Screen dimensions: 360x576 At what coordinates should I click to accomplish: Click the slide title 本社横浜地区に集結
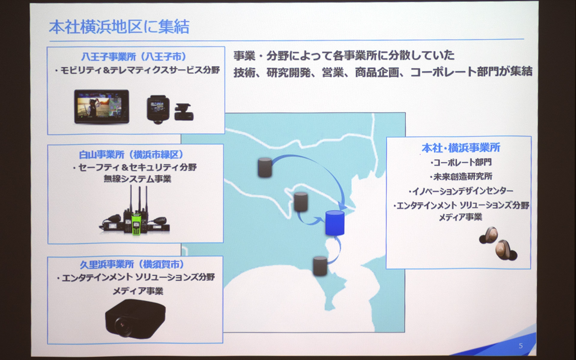pos(119,27)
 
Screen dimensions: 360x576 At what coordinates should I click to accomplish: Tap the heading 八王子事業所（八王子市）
pos(134,56)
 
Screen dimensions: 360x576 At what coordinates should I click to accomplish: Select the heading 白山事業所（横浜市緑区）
pos(131,155)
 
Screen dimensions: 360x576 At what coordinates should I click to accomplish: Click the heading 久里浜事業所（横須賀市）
pos(132,264)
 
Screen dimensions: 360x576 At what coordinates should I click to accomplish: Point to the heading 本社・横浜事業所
pos(461,148)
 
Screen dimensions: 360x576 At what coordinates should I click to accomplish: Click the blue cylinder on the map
pos(335,223)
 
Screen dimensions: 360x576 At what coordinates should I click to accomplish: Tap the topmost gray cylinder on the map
pos(265,167)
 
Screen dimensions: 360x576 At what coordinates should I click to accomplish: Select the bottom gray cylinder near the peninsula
pos(320,266)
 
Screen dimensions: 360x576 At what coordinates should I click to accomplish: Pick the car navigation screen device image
pos(102,106)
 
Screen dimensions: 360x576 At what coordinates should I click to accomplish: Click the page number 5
pos(521,346)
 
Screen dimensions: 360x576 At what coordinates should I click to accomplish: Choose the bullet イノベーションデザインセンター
pos(461,191)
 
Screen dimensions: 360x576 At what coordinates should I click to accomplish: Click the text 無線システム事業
pos(137,179)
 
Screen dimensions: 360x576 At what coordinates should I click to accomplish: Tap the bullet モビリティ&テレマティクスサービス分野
pos(137,70)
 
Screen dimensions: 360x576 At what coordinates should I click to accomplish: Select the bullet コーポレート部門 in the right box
pos(461,162)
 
